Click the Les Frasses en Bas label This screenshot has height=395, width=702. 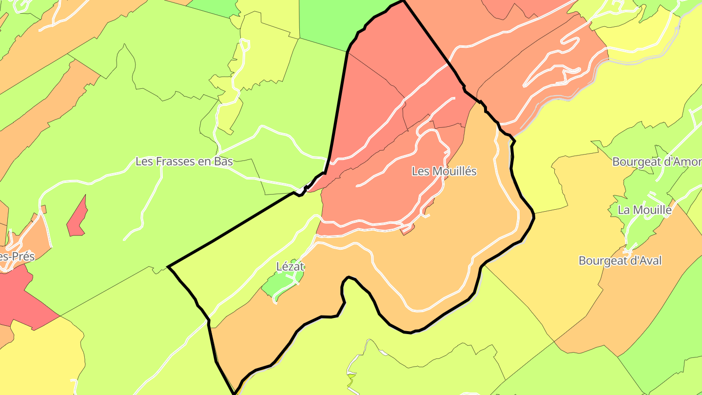tap(184, 161)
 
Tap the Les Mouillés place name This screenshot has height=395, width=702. tap(444, 172)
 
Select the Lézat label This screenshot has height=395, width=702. tap(290, 267)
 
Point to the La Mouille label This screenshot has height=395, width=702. tap(644, 210)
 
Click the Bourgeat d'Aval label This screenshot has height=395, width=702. tap(620, 261)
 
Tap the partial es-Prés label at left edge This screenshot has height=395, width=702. tap(17, 257)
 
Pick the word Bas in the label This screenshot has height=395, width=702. tap(224, 161)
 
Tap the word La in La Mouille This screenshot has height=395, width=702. tap(624, 210)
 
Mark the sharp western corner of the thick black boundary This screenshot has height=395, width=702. tap(169, 267)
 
